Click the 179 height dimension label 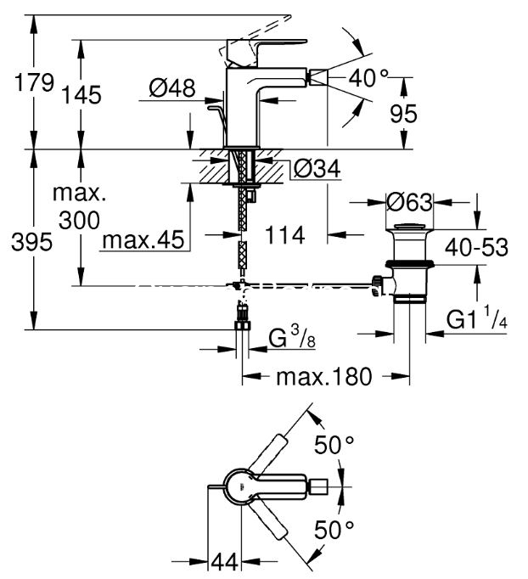point(34,82)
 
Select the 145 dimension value point(81,94)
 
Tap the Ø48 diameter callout point(172,88)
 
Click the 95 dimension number point(403,114)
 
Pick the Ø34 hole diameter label point(317,169)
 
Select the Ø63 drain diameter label point(409,202)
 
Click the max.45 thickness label point(143,239)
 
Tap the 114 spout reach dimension point(285,235)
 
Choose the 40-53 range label point(476,247)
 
